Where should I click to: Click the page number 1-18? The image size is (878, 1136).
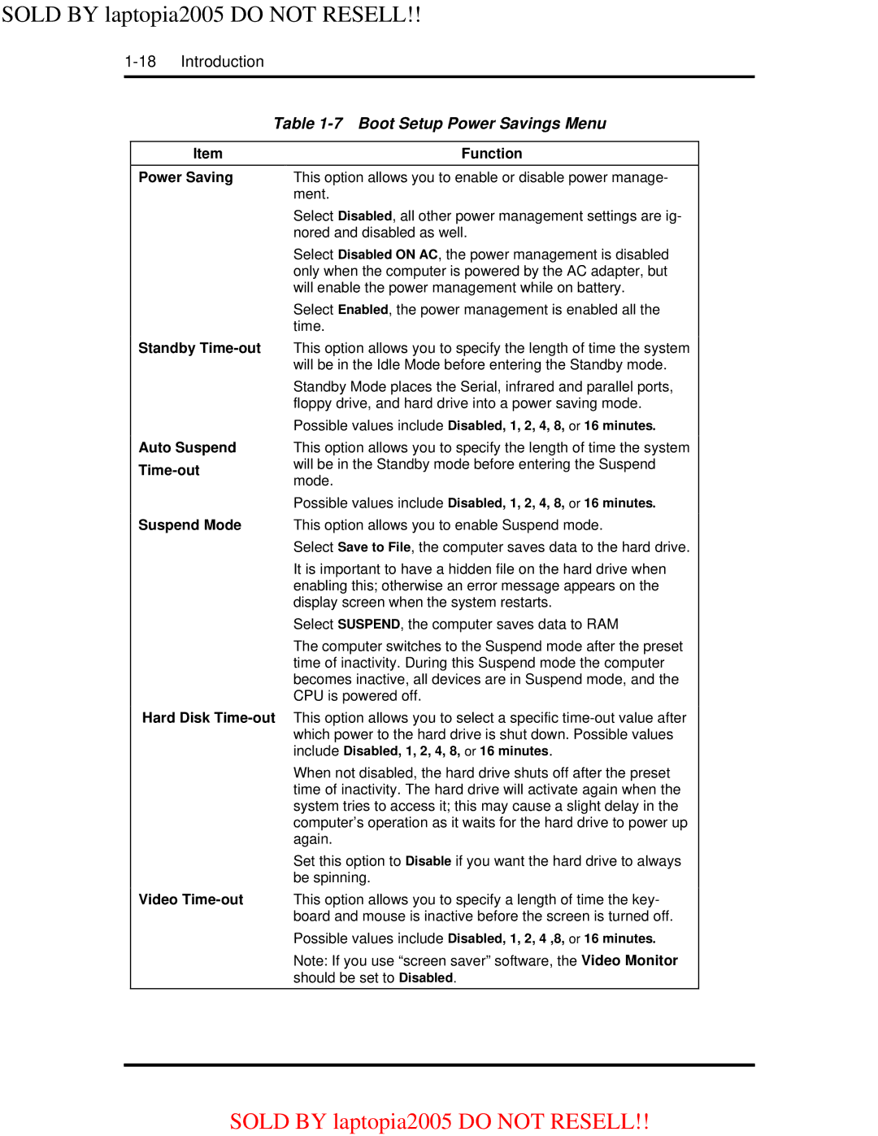click(140, 62)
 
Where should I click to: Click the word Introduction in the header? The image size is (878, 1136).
click(222, 62)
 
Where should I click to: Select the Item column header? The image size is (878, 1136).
click(207, 154)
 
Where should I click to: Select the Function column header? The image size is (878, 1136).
click(491, 154)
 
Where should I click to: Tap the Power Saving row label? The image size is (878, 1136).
click(185, 177)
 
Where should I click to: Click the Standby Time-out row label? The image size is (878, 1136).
click(199, 348)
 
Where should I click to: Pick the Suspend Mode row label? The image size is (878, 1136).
click(189, 525)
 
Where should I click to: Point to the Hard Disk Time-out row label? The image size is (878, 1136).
click(208, 718)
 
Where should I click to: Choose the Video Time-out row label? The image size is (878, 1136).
click(190, 899)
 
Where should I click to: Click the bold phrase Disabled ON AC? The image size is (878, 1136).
click(388, 255)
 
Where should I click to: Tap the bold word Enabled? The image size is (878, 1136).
click(363, 310)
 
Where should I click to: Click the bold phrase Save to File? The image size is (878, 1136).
click(374, 547)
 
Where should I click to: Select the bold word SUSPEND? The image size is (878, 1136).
click(368, 625)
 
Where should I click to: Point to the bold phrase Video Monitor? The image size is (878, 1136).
click(629, 960)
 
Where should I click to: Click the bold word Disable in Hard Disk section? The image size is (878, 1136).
click(428, 861)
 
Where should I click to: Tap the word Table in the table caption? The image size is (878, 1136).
click(293, 124)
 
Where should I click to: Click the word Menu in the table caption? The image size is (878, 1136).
click(585, 124)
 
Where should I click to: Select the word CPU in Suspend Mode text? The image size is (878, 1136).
click(308, 696)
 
